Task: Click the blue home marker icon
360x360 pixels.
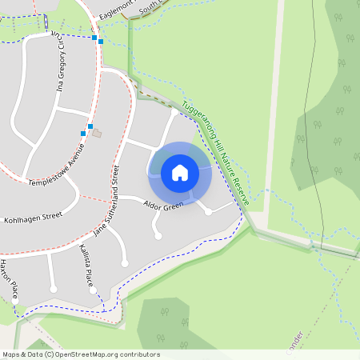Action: (180, 173)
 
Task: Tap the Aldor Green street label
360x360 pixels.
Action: (163, 206)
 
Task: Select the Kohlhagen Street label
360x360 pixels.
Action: (33, 216)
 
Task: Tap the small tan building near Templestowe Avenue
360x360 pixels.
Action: (97, 133)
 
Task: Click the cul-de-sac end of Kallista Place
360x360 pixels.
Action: (124, 263)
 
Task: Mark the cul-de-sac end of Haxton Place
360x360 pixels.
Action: (54, 289)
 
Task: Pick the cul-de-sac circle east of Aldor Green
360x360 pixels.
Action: (208, 212)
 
